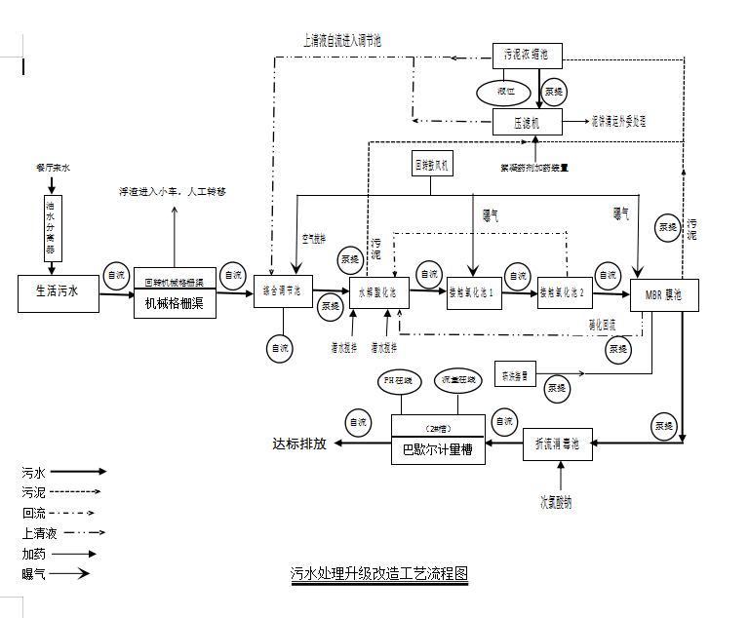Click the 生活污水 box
pyautogui.click(x=59, y=292)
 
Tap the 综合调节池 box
pyautogui.click(x=283, y=291)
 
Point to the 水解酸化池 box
pyautogui.click(x=378, y=292)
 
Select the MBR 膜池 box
pyautogui.click(x=664, y=295)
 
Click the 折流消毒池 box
pyautogui.click(x=557, y=444)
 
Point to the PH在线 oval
pyautogui.click(x=401, y=380)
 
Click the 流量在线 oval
pyautogui.click(x=458, y=380)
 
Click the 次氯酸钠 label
pyautogui.click(x=557, y=503)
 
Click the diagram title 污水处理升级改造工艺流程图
pyautogui.click(x=379, y=574)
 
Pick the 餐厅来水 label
pyautogui.click(x=53, y=168)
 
